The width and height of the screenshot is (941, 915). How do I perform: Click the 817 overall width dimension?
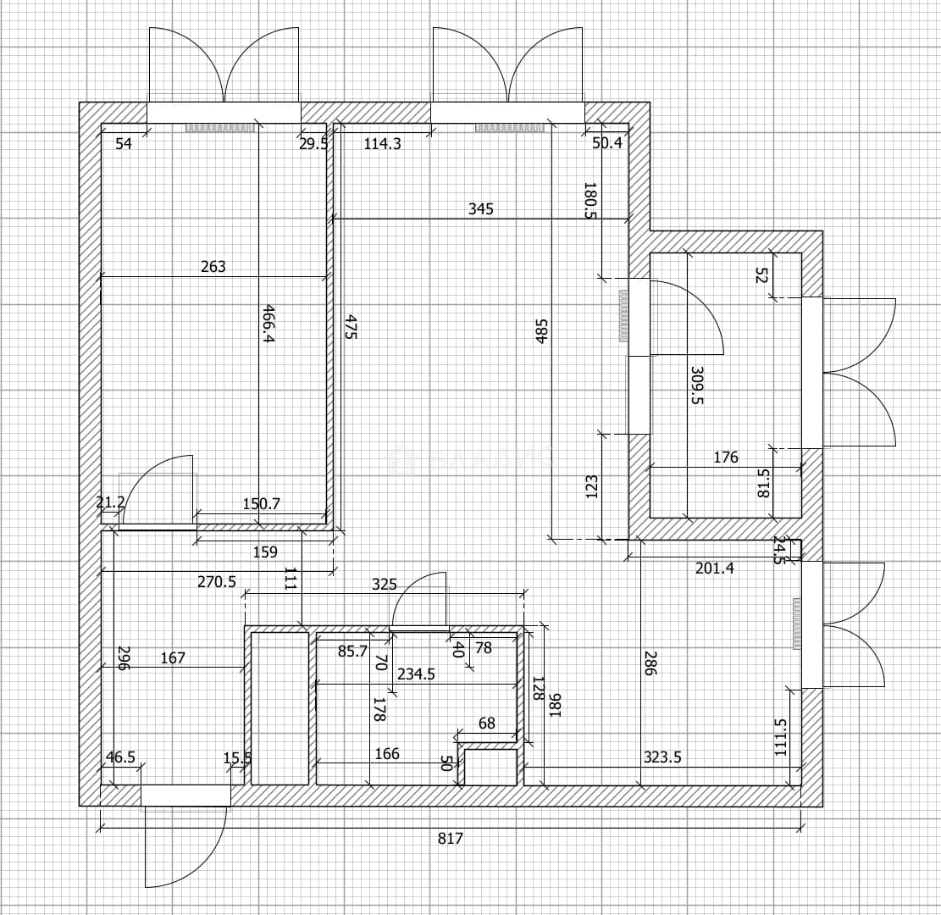[450, 838]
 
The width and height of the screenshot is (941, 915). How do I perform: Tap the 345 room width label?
[481, 209]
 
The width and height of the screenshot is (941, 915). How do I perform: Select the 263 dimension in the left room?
[213, 267]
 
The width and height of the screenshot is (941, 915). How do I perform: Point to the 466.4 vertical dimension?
[268, 324]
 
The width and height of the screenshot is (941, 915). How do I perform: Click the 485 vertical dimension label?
[541, 331]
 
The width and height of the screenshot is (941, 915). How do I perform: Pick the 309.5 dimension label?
[697, 385]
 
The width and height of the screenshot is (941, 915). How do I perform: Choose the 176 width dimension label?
[726, 457]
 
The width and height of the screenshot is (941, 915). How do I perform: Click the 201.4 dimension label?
[714, 568]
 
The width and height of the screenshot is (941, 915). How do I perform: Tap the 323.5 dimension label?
[662, 757]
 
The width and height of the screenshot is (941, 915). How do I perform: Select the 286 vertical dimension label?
[649, 663]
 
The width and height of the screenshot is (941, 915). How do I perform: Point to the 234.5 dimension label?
[416, 674]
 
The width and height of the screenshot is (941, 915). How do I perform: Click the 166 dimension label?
[386, 754]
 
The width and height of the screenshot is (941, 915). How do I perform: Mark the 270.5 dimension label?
[217, 582]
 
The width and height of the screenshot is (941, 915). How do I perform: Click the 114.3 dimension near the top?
[382, 144]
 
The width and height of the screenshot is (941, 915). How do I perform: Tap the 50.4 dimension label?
[607, 143]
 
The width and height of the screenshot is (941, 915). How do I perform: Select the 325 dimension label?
[384, 585]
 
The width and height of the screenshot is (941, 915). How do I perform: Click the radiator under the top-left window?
[220, 128]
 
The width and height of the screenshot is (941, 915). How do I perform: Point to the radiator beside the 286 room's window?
[796, 624]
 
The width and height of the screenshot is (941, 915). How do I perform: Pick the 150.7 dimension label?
[261, 504]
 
